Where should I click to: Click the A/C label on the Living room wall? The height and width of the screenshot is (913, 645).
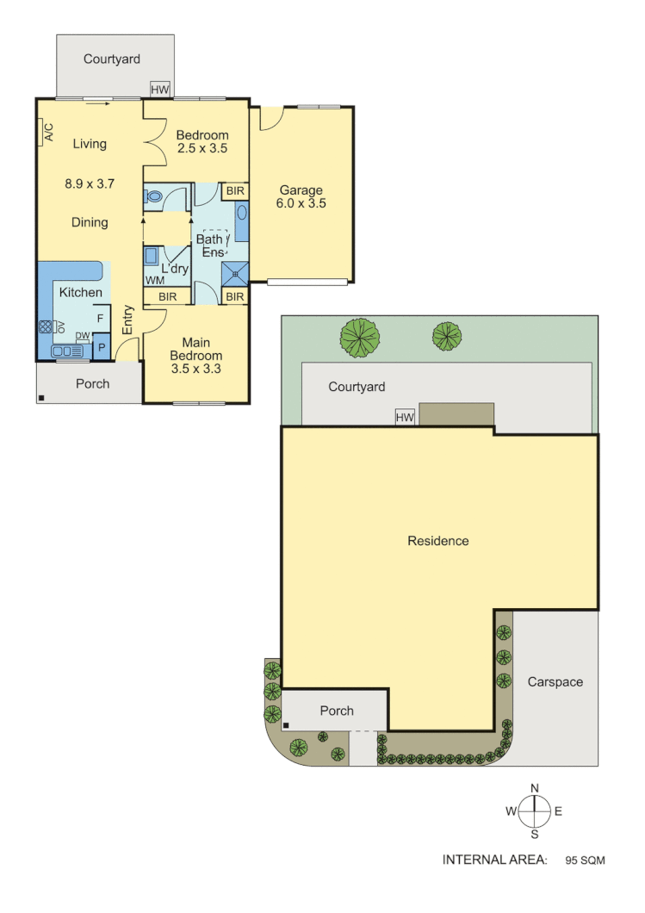48,132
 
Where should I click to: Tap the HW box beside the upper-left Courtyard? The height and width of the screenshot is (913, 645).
160,89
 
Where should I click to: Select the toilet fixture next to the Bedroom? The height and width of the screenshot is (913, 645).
154,196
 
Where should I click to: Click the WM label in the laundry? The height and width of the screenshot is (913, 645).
154,280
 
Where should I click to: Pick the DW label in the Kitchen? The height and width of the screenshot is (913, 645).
83,336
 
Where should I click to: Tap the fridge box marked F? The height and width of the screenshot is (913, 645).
100,319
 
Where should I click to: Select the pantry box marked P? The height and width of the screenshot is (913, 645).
101,349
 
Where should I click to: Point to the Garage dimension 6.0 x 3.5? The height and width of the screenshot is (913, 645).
301,204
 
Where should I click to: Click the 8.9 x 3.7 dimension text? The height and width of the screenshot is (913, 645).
90,183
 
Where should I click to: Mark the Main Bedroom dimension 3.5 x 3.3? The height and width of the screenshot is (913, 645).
196,369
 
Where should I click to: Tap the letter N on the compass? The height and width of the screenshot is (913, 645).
535,788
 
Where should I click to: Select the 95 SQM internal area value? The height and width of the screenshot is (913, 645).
586,860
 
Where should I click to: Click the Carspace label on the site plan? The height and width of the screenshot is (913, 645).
555,681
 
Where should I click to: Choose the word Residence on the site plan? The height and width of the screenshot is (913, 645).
438,541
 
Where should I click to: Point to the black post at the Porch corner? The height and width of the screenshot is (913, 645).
41,398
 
